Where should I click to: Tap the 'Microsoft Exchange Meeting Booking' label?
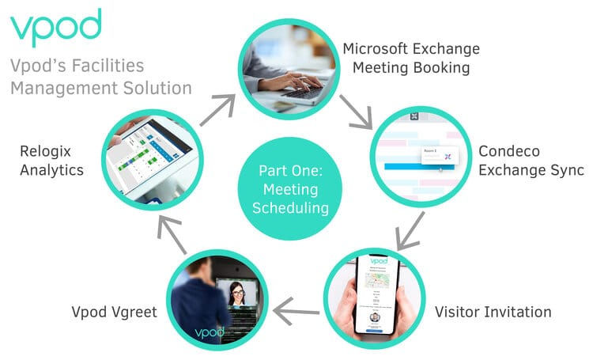click(x=410, y=58)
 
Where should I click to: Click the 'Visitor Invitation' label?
click(x=493, y=312)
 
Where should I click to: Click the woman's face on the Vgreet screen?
click(x=236, y=295)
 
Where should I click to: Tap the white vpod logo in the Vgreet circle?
click(x=193, y=332)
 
